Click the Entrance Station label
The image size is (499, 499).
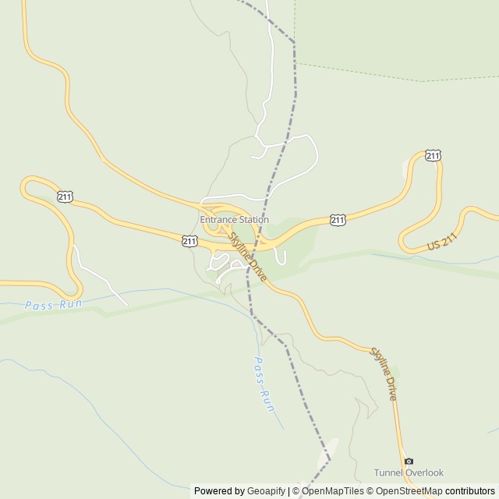point(234,220)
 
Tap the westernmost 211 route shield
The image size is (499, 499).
point(65,196)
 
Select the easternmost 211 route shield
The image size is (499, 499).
point(434,156)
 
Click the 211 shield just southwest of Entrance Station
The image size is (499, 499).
point(189,241)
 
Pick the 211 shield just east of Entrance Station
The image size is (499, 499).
point(337,221)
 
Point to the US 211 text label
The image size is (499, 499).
point(441,244)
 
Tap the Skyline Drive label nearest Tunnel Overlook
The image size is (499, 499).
point(383,373)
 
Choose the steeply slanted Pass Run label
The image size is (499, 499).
point(265,384)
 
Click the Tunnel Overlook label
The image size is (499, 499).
point(409,472)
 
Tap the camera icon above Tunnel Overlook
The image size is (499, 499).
point(409,461)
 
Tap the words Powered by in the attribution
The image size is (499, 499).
point(218,491)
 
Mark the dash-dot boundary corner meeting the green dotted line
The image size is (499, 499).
point(295,42)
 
